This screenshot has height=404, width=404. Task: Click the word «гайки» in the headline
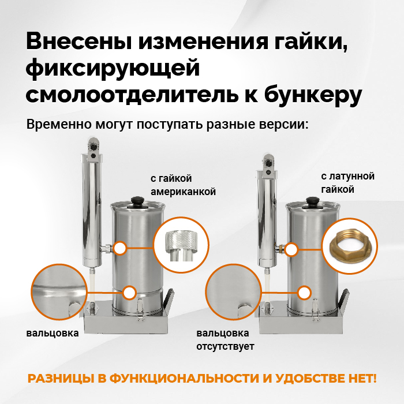(311, 42)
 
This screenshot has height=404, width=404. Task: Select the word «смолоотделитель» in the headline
(132, 94)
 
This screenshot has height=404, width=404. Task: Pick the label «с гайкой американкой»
(183, 185)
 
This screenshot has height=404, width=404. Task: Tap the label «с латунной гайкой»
(347, 183)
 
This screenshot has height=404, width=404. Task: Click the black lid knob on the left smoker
(137, 201)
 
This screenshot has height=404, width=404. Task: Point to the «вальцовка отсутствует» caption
(225, 339)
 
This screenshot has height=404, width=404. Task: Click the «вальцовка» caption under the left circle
(53, 333)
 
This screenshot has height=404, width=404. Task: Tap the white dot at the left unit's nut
(119, 249)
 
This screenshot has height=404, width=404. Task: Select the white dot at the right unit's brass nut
(291, 249)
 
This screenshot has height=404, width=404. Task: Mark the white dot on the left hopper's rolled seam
(130, 293)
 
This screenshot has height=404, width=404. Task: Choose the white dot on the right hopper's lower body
(304, 293)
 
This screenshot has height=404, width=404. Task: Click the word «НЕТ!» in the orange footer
(362, 379)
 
